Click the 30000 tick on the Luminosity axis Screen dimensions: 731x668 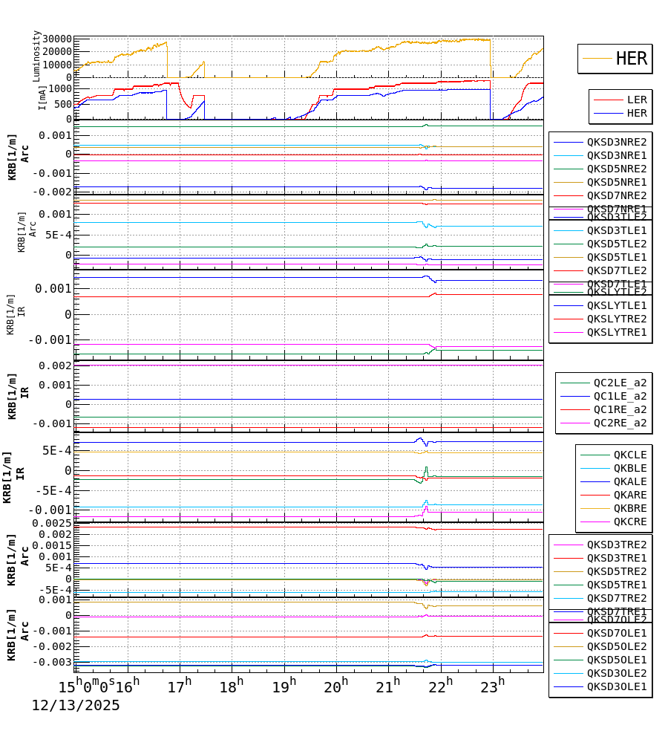coord(57,39)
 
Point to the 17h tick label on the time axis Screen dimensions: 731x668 coord(179,685)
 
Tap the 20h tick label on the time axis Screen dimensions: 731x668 coord(336,685)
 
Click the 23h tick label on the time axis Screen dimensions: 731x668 coord(493,685)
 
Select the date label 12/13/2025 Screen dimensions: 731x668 coord(75,706)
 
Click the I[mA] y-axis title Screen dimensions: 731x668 coord(43,97)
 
